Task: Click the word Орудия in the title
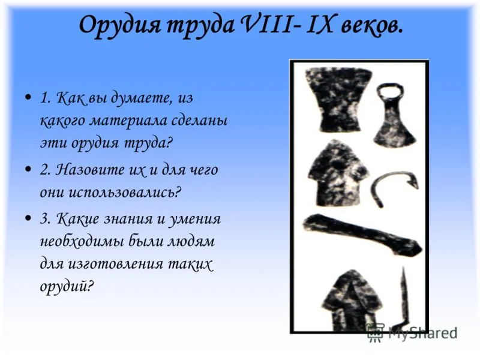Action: pyautogui.click(x=119, y=25)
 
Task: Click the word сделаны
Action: pyautogui.click(x=199, y=121)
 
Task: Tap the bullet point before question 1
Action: pyautogui.click(x=28, y=97)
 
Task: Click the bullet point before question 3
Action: pyautogui.click(x=28, y=218)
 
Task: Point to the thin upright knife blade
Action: pyautogui.click(x=404, y=296)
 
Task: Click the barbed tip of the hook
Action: pyautogui.click(x=413, y=182)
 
